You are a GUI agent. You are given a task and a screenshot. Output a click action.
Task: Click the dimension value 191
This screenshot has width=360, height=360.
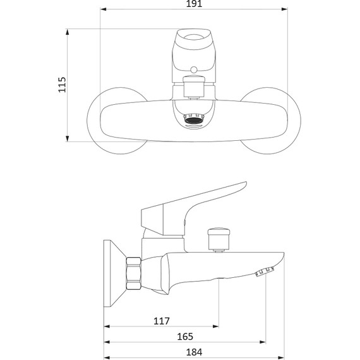pyautogui.click(x=194, y=4)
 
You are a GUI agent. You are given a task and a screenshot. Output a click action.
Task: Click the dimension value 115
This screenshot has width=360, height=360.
pyautogui.click(x=62, y=85)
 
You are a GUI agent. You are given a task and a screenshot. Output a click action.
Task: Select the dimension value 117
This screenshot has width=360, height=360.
pyautogui.click(x=162, y=321)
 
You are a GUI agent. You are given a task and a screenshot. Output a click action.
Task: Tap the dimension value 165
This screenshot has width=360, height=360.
pyautogui.click(x=185, y=337)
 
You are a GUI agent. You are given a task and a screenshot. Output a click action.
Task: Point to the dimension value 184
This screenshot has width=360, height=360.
pyautogui.click(x=195, y=352)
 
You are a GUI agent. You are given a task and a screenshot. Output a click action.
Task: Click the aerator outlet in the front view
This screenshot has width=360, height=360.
pyautogui.click(x=194, y=119)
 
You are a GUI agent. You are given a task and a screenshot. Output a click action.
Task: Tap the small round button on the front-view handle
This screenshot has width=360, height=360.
pyautogui.click(x=194, y=70)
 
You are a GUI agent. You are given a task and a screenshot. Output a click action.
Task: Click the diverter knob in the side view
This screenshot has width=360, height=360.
pyautogui.click(x=219, y=239)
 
